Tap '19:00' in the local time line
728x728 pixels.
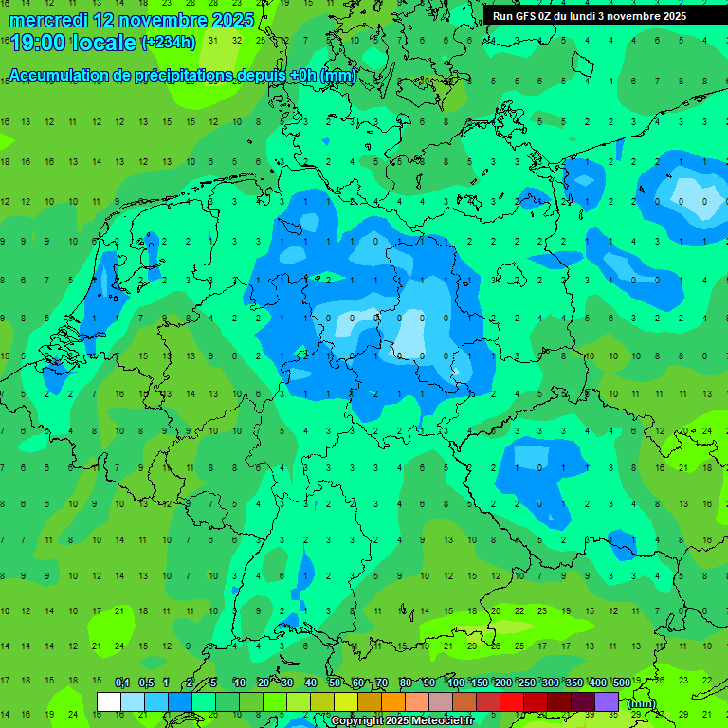[x=37, y=43]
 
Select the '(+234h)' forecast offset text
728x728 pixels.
[x=169, y=42]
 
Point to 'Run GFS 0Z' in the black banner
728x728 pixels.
[x=525, y=16]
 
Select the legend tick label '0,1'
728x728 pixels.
[x=122, y=683]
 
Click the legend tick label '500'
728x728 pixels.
[x=621, y=683]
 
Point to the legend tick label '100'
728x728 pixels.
[x=455, y=683]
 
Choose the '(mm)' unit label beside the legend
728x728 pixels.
[x=642, y=703]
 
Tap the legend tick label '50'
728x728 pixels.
[x=335, y=683]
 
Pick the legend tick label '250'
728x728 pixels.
[x=526, y=683]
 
